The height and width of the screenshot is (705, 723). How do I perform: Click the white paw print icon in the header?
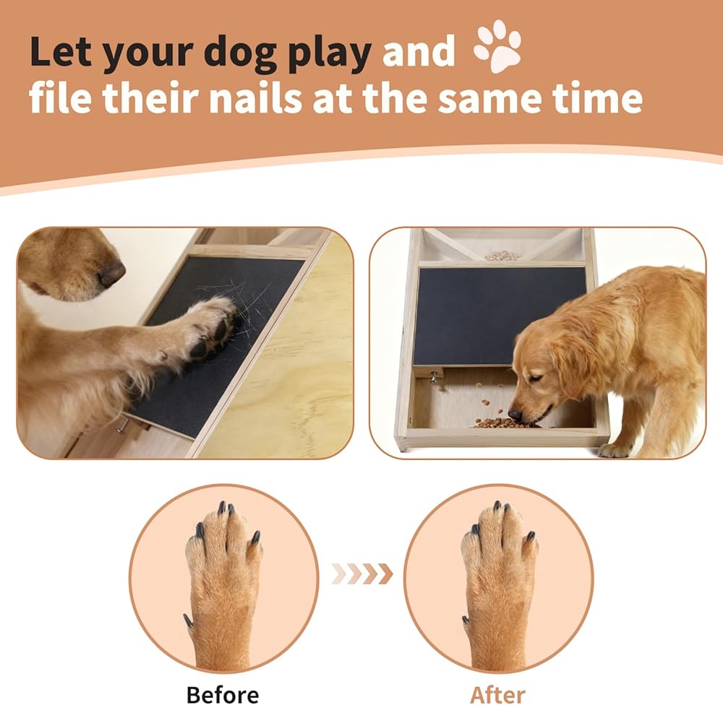click(x=498, y=46)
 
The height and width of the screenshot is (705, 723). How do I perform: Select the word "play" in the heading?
click(x=330, y=53)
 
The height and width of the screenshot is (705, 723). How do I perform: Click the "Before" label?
click(x=223, y=694)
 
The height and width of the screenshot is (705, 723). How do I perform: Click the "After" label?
click(x=498, y=694)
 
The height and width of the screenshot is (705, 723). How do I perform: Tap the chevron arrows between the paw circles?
click(x=362, y=574)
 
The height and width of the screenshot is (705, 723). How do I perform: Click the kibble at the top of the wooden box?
click(x=502, y=255)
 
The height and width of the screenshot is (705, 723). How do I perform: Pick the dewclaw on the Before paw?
click(x=188, y=621)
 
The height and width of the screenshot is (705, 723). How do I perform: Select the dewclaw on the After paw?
click(x=466, y=620)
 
